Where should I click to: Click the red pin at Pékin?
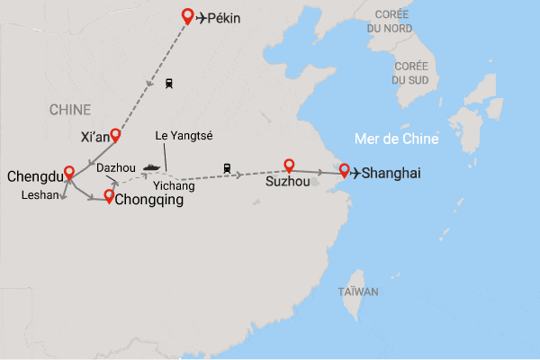tap(187, 15)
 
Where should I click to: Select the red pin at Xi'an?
tap(115, 136)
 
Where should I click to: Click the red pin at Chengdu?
tap(68, 174)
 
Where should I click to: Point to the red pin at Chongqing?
tap(109, 196)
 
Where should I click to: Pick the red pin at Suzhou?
tap(289, 166)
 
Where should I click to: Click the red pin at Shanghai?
tap(344, 170)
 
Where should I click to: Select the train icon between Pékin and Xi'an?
tap(169, 83)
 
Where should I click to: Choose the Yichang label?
tap(174, 185)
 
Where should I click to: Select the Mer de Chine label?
tap(396, 139)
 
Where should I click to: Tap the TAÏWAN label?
tap(358, 292)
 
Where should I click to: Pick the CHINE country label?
tap(70, 110)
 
